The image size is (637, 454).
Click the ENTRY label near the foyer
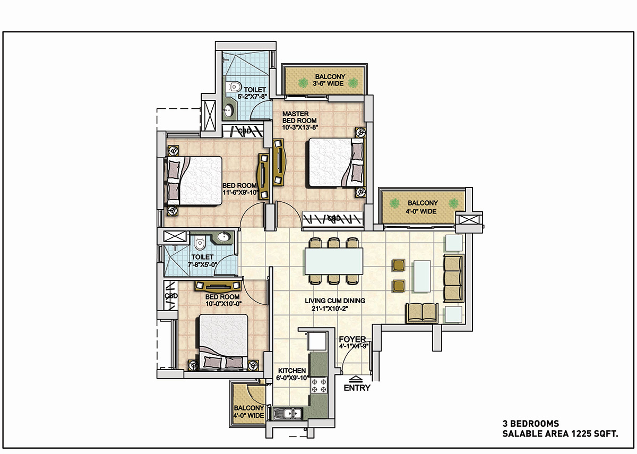pos(357,388)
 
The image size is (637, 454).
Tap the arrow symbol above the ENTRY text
pos(355,378)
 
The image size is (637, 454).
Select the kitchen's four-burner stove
pos(319,386)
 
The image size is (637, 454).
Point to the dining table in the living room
pos(333,261)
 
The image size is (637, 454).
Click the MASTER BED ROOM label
pos(299,117)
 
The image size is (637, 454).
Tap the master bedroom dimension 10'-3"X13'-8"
pos(300,127)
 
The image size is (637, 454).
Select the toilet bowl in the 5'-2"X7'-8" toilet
pos(234,87)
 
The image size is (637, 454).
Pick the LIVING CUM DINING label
pos(335,301)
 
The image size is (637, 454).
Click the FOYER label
pos(352,339)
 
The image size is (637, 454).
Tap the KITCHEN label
pos(292,371)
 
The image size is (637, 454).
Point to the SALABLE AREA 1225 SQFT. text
pos(560,434)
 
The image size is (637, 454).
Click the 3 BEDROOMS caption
pos(531,424)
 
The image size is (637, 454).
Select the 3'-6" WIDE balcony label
pos(328,84)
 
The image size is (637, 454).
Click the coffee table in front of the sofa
pos(422,276)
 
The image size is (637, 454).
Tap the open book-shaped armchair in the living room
pos(422,313)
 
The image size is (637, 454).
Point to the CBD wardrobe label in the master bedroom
pos(334,218)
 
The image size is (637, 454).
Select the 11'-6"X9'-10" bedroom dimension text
pos(240,193)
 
